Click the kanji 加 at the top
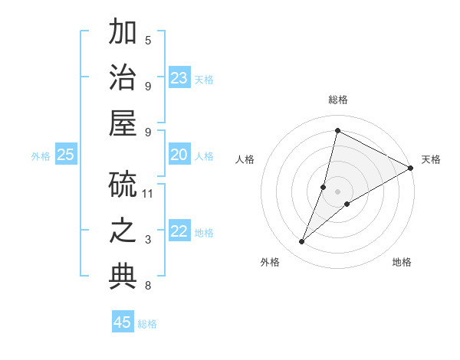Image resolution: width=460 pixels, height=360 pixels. (x=123, y=33)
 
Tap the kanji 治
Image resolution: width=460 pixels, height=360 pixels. (x=123, y=78)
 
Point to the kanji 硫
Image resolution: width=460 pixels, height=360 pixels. (x=123, y=184)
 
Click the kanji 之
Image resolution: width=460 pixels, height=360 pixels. (x=123, y=231)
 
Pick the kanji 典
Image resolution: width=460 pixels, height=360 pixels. (x=123, y=277)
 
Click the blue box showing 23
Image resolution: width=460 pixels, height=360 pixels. (x=179, y=78)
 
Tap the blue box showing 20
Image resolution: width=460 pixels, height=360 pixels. (x=179, y=155)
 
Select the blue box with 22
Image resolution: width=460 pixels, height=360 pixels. (x=179, y=232)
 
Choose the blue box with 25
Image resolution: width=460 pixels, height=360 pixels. (x=65, y=155)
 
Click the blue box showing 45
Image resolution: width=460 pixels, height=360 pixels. (x=123, y=322)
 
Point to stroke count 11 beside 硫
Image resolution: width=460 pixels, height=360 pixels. (x=148, y=193)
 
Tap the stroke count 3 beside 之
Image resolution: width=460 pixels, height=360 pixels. (x=148, y=240)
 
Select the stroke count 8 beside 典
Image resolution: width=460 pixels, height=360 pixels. (x=148, y=286)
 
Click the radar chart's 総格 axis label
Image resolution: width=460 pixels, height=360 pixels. (x=337, y=100)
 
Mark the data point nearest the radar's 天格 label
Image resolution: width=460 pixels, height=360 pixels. (x=410, y=168)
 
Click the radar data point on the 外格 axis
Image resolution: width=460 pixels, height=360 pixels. (x=302, y=242)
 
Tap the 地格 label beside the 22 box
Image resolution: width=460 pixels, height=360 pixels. (x=204, y=233)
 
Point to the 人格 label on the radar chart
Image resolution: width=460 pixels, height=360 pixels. (x=245, y=159)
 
